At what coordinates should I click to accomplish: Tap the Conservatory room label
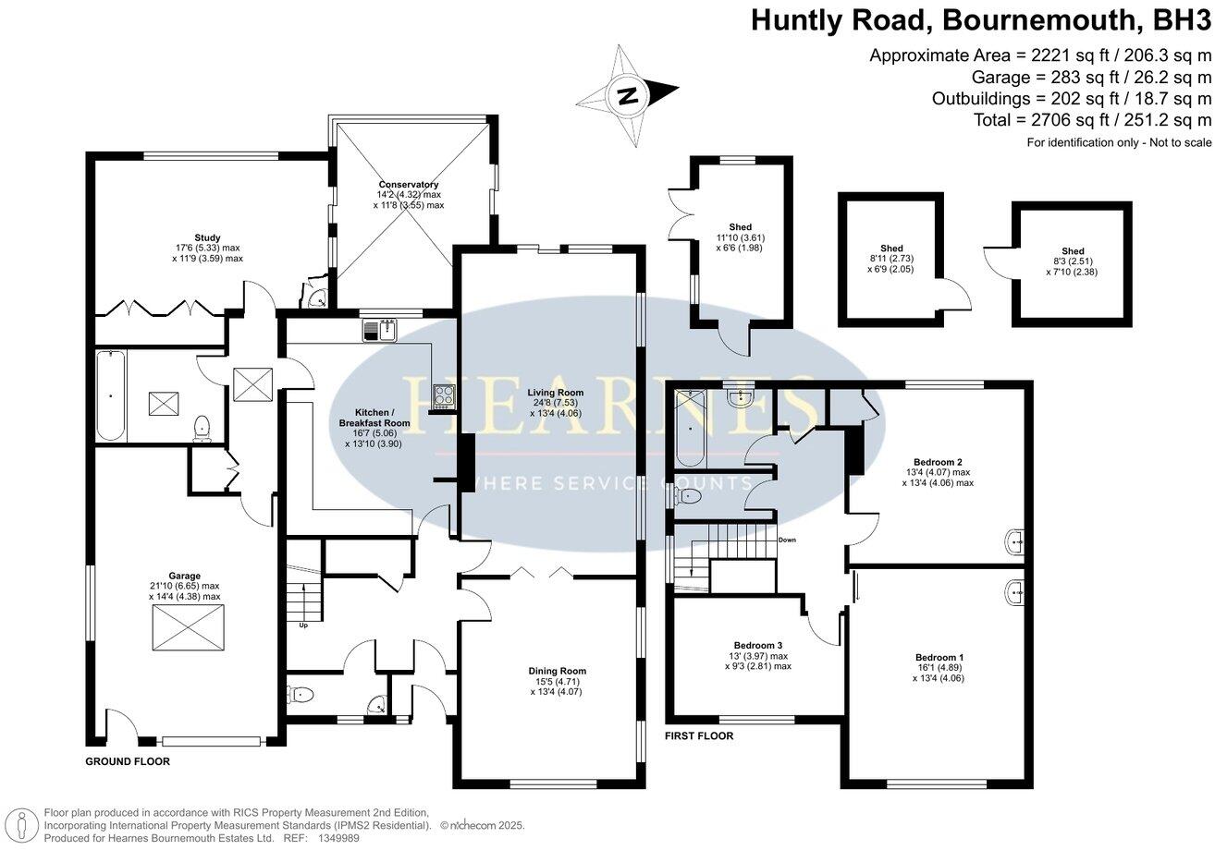408,195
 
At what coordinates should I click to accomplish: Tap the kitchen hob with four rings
444,395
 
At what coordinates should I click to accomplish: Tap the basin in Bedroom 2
1013,540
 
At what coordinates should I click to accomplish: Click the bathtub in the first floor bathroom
688,428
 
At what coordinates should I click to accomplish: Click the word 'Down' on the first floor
788,540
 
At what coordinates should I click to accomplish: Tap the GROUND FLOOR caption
128,761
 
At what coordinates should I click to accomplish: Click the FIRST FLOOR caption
699,735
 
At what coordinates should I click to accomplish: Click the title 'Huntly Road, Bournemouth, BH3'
980,19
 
